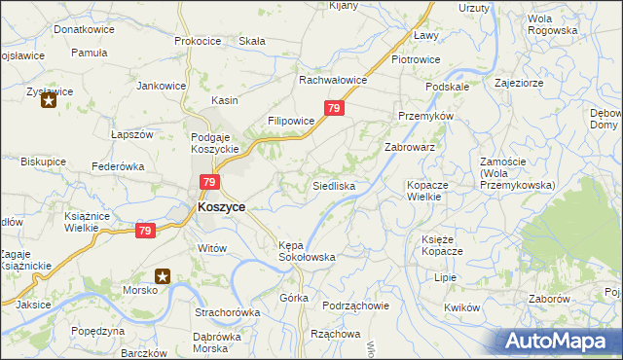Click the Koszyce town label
(x=221, y=207)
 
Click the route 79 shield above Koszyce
(x=208, y=182)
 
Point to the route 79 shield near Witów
(x=145, y=231)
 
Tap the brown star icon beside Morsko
(x=164, y=276)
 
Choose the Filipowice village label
(x=291, y=122)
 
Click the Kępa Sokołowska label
(x=307, y=251)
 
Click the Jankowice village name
(x=162, y=86)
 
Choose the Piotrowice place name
(x=416, y=59)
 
